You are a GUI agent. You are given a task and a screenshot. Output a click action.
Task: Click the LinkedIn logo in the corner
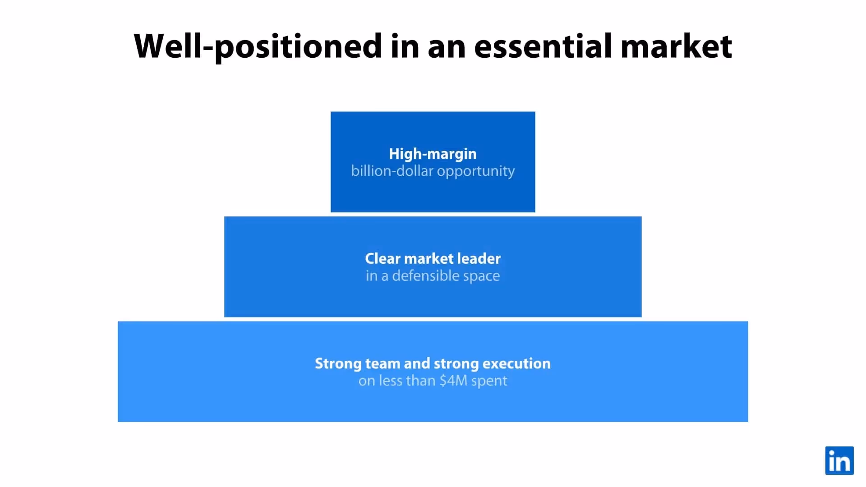tap(839, 460)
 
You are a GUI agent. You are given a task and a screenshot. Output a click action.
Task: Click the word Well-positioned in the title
tap(258, 46)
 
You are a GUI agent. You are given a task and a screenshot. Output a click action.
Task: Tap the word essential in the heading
tap(543, 46)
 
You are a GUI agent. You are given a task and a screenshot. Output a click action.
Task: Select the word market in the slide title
tap(676, 46)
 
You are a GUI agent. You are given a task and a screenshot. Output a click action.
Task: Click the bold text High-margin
tap(433, 154)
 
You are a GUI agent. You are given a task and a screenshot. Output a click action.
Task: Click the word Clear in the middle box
tap(382, 258)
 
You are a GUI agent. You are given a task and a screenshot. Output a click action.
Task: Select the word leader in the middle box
tap(479, 258)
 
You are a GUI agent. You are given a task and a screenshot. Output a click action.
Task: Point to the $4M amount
tap(453, 381)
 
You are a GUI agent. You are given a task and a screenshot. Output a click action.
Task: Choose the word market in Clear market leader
tap(428, 258)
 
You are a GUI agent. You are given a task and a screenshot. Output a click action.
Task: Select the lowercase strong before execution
tap(456, 363)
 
